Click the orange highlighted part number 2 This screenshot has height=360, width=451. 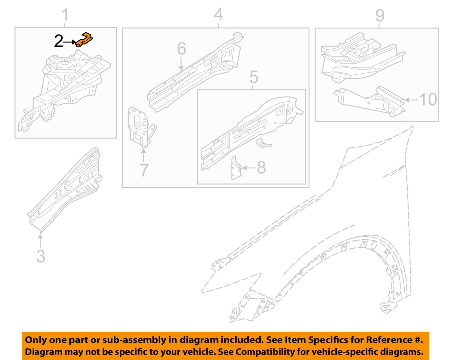(x=84, y=39)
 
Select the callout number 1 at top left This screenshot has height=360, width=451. (x=65, y=15)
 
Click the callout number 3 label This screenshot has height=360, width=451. (x=41, y=256)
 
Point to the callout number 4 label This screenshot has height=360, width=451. (x=219, y=14)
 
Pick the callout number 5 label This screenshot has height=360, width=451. (x=253, y=77)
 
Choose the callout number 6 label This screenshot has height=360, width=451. (x=181, y=48)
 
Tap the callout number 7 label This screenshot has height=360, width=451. (x=144, y=170)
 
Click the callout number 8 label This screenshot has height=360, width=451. (x=261, y=168)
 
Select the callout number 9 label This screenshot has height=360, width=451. (x=380, y=15)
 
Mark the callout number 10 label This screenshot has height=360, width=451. (x=428, y=100)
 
